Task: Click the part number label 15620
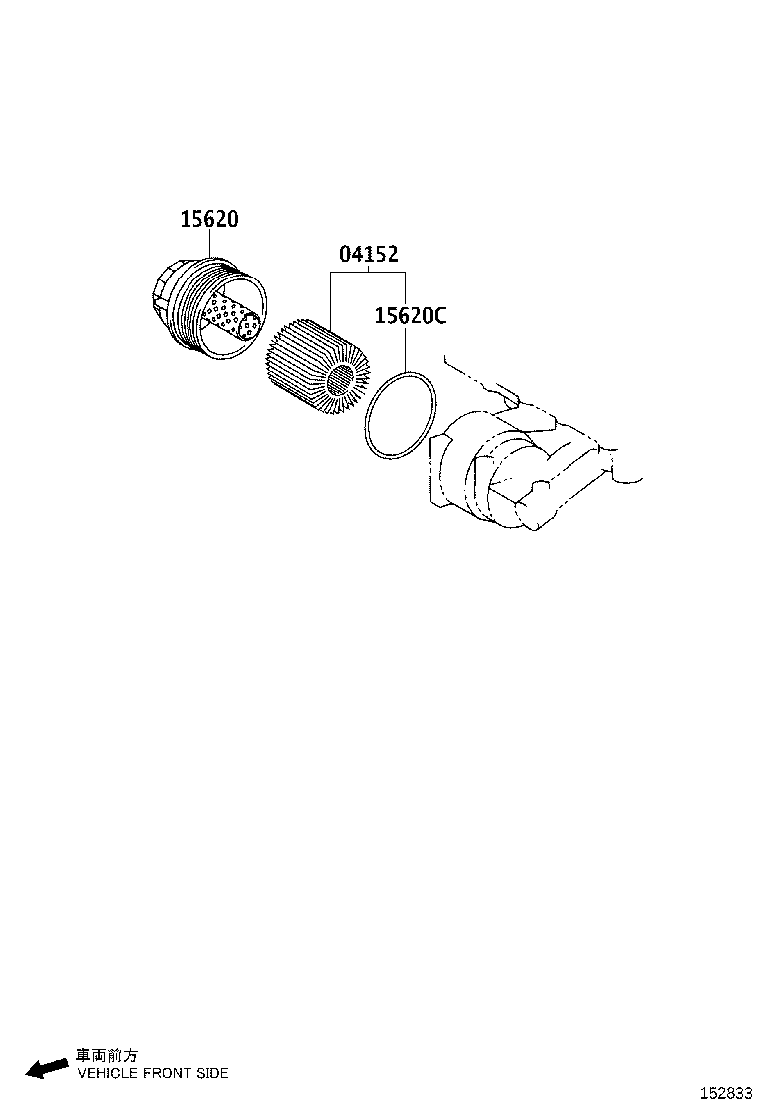(x=209, y=219)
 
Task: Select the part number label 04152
(x=368, y=254)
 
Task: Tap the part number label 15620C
(x=410, y=315)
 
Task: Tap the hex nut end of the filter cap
(x=163, y=294)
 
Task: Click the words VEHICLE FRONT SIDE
(x=153, y=1073)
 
